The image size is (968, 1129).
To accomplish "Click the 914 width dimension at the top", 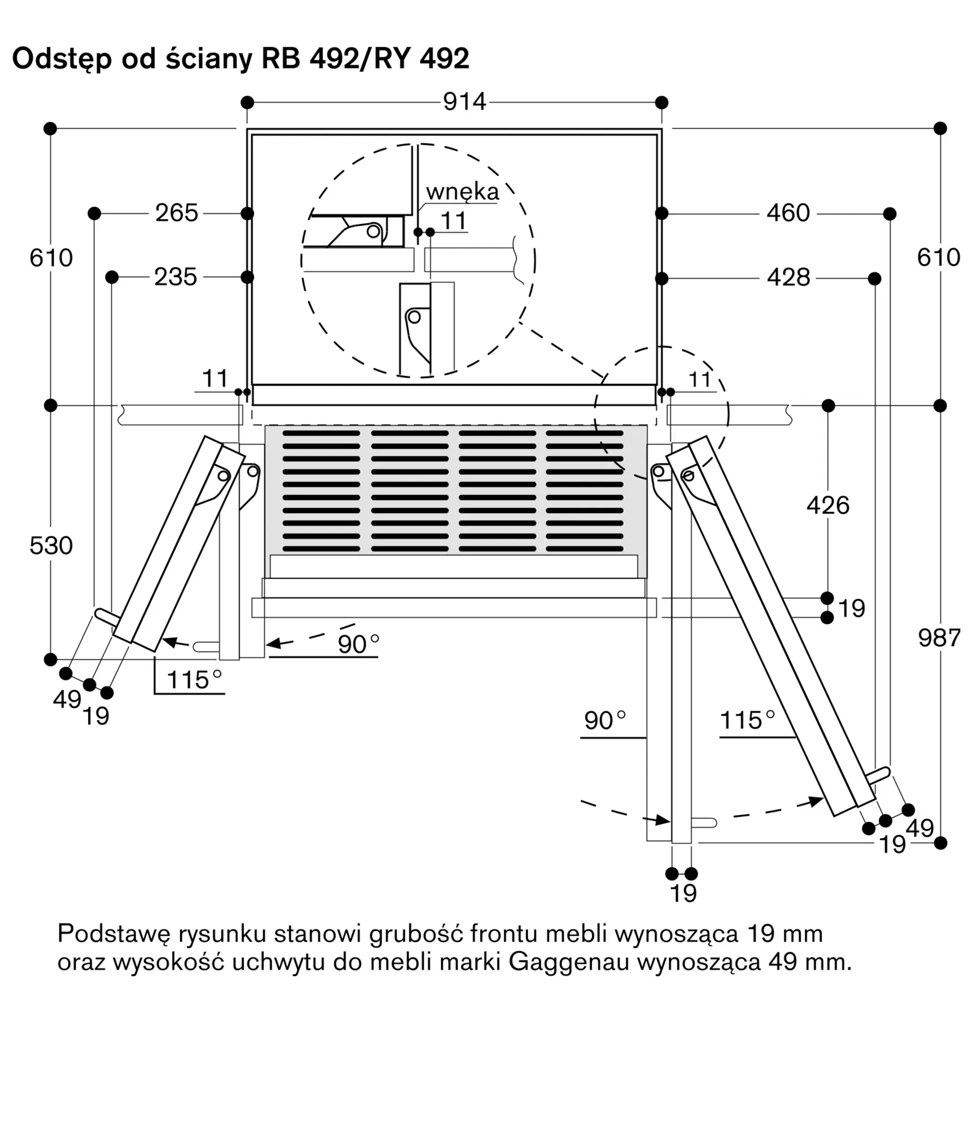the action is (464, 102).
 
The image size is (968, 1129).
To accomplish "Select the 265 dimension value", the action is (177, 213).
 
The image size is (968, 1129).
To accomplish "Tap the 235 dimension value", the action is (176, 277).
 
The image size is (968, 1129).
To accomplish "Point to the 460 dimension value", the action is (788, 213).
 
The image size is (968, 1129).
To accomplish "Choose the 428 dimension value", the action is (788, 277).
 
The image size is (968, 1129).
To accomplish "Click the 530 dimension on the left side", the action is (51, 546).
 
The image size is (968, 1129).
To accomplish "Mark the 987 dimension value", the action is (939, 638).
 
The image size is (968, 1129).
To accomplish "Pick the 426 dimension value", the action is (828, 505).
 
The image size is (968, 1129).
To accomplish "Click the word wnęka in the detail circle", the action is (463, 192).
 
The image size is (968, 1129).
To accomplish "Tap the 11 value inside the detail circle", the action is (454, 221).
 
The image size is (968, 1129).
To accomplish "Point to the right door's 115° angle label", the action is (747, 721).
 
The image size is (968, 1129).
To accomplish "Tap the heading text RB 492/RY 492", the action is (365, 58).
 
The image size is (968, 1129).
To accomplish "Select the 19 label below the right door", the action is (683, 894).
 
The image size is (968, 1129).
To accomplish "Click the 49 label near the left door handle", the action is (67, 699).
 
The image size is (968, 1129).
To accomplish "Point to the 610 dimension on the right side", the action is (939, 257).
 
